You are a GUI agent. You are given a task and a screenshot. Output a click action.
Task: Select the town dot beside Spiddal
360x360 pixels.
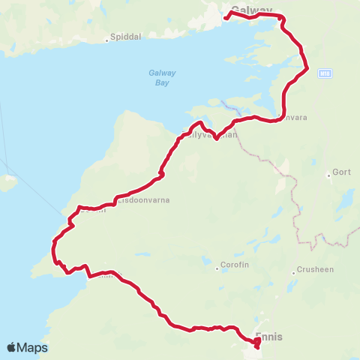tap(107, 40)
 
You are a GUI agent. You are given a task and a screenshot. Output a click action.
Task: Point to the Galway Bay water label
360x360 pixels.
tap(156, 77)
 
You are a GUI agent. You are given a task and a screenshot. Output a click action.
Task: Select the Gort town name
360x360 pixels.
tap(341, 172)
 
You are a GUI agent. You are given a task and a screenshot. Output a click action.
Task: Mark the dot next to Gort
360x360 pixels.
tap(328, 176)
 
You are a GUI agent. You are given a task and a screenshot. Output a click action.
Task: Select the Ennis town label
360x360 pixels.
tap(269, 337)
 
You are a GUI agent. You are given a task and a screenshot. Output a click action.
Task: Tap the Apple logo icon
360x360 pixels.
tap(12, 347)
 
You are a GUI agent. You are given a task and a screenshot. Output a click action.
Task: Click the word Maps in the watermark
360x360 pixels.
tap(33, 347)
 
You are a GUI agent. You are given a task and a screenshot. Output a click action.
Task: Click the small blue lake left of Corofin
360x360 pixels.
tap(205, 262)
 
